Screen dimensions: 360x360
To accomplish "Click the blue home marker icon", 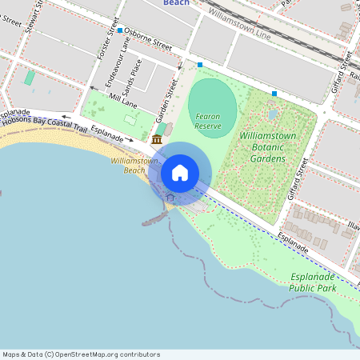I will point(180,173).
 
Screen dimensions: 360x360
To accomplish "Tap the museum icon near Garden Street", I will point(156,140).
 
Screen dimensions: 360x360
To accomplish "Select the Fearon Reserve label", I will point(208,122).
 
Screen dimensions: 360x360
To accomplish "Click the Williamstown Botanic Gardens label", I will point(268,147).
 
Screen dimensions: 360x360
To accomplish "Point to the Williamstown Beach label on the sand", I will point(128,166).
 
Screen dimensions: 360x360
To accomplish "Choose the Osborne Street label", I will point(147,42).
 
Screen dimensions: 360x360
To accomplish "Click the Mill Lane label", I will point(124,101).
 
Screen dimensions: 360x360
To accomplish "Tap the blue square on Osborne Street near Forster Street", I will point(120,30).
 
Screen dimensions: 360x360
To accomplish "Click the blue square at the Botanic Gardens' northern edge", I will point(274,94).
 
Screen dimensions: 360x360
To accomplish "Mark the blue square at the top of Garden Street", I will point(200,64).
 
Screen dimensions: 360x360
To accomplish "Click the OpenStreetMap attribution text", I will point(81,354).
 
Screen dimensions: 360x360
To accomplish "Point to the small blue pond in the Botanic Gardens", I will point(273,114).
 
